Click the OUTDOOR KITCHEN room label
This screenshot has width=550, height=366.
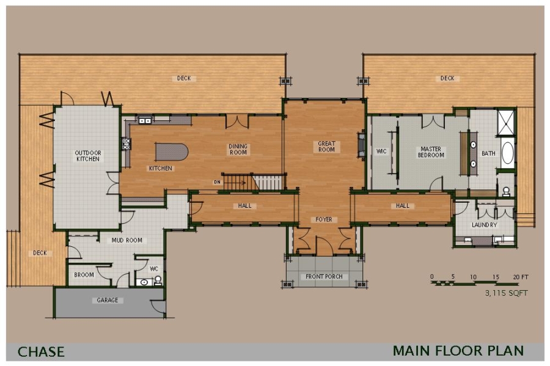pyautogui.click(x=87, y=156)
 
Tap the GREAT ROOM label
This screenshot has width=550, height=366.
pyautogui.click(x=326, y=147)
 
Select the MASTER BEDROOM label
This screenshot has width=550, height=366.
pyautogui.click(x=431, y=152)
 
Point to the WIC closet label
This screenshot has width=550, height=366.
pyautogui.click(x=382, y=151)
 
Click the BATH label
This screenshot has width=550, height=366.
pyautogui.click(x=488, y=153)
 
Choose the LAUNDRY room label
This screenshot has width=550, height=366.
pyautogui.click(x=484, y=225)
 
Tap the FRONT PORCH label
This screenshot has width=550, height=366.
pyautogui.click(x=324, y=276)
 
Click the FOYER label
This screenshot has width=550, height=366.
pyautogui.click(x=324, y=219)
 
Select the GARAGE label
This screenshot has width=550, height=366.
pyautogui.click(x=108, y=300)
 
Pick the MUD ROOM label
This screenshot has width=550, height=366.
pyautogui.click(x=127, y=240)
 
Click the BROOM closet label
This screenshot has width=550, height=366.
pyautogui.click(x=84, y=275)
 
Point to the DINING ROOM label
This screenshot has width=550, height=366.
pyautogui.click(x=238, y=149)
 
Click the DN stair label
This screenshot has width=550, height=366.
pyautogui.click(x=217, y=182)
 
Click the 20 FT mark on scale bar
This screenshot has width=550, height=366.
pyautogui.click(x=521, y=277)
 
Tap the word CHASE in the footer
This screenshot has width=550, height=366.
pyautogui.click(x=41, y=351)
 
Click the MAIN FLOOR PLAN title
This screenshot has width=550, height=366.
pyautogui.click(x=458, y=351)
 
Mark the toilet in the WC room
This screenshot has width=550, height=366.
pyautogui.click(x=157, y=280)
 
